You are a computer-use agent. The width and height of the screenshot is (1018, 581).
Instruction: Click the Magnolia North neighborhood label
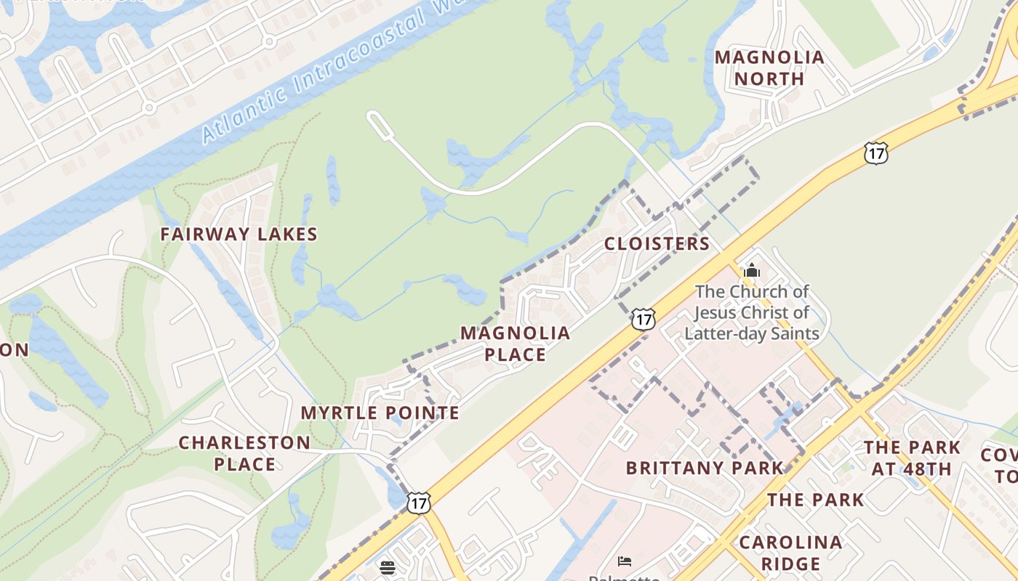click(x=769, y=68)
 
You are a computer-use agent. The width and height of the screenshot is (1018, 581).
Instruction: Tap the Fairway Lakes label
click(x=239, y=234)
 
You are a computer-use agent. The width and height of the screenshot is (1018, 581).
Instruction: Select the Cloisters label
click(x=657, y=243)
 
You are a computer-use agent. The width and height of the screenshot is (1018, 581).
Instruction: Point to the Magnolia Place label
click(x=515, y=344)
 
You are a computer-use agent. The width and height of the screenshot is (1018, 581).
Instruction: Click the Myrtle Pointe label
click(x=380, y=413)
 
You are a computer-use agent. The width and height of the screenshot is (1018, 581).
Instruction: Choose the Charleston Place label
click(x=244, y=453)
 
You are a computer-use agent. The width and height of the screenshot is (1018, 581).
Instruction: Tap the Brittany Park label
click(x=704, y=468)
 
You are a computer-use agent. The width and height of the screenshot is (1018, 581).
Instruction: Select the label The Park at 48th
click(x=912, y=458)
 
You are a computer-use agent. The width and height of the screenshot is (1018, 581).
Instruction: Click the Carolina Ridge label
click(x=790, y=553)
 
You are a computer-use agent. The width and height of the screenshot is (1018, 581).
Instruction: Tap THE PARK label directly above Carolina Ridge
click(x=815, y=500)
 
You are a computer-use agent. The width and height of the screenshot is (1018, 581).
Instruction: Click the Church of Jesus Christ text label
click(x=752, y=312)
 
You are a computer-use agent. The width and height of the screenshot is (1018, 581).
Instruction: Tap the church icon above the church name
click(x=751, y=271)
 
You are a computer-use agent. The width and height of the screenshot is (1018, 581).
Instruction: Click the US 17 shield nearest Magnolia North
click(x=876, y=153)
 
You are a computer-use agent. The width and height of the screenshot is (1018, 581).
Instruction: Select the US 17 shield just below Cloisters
click(x=643, y=318)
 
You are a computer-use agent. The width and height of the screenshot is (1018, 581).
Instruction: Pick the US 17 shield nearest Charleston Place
click(x=418, y=503)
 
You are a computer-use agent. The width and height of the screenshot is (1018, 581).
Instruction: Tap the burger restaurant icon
click(x=388, y=566)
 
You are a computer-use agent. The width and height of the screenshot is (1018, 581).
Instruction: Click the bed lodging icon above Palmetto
click(x=624, y=561)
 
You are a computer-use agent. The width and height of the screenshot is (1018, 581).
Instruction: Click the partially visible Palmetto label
click(x=624, y=577)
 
